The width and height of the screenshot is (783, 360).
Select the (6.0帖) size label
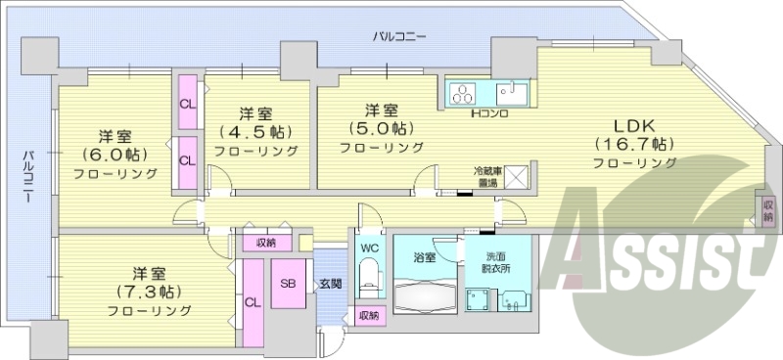point(114,155)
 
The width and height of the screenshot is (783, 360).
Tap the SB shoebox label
point(289,284)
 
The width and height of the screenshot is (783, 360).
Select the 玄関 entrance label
point(330,284)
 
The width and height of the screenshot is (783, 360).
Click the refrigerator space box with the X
point(516,178)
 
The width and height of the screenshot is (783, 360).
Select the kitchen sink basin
point(511,94)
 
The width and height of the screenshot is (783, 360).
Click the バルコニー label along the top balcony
point(398,36)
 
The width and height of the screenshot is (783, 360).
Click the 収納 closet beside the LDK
point(768,211)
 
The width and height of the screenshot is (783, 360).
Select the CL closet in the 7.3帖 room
point(252,302)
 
